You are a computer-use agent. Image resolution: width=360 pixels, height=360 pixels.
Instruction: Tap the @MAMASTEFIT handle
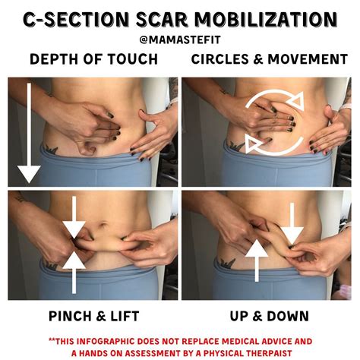[x=180, y=40]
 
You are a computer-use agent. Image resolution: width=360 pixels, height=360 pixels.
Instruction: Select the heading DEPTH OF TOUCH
[x=94, y=59]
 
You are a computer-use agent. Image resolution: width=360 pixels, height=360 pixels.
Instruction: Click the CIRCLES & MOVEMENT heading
[x=270, y=59]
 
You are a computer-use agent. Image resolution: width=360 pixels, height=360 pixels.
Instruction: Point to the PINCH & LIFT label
[x=94, y=316]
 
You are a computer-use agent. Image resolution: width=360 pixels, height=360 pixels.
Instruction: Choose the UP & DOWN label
[x=270, y=316]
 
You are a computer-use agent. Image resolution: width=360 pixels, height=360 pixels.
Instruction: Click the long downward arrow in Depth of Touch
[x=29, y=133]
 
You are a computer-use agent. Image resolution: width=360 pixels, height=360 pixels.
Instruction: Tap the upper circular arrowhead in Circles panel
[x=296, y=100]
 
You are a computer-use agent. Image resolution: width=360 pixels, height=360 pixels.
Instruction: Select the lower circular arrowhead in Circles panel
[x=254, y=144]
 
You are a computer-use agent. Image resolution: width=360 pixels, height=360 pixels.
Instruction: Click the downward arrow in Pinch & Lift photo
[x=74, y=217]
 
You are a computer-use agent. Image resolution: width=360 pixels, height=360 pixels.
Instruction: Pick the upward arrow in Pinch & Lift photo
[x=74, y=272]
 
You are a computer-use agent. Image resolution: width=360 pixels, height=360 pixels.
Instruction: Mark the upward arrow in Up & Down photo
[x=257, y=261]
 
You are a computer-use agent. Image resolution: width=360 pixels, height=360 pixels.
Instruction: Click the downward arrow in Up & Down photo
[x=292, y=224]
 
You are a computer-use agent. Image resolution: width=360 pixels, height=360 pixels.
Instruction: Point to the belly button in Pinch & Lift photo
[x=103, y=224]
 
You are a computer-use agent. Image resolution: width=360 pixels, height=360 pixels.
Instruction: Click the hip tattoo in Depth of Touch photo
[x=51, y=149]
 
